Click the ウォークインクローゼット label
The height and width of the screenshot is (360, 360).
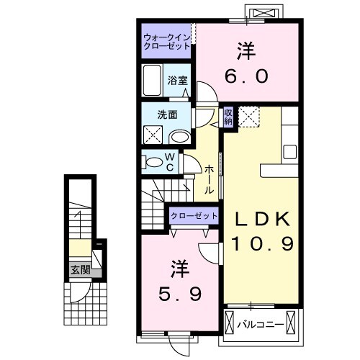(x=167, y=40)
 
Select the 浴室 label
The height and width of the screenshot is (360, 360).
(x=177, y=81)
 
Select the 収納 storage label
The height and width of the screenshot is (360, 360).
(x=228, y=116)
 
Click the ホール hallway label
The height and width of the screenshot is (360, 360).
(x=209, y=179)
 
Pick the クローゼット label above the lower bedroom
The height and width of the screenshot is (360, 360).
(x=194, y=216)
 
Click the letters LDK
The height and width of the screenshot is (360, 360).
(x=261, y=219)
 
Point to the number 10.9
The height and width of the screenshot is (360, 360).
(x=262, y=245)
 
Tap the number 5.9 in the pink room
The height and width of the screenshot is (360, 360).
(x=181, y=293)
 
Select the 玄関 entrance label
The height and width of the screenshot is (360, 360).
(x=79, y=271)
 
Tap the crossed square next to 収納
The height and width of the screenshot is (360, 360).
(x=249, y=116)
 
